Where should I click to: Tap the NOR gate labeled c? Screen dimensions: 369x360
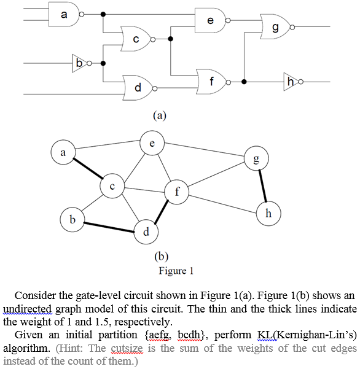click(x=136, y=38)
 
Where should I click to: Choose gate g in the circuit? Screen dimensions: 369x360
click(x=275, y=27)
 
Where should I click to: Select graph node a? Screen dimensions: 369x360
click(x=63, y=150)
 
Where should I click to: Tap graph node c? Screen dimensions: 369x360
click(x=112, y=185)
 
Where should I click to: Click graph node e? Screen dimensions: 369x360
click(x=152, y=142)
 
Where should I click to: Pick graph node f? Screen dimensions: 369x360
click(x=177, y=191)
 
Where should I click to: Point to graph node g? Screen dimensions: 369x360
click(x=256, y=159)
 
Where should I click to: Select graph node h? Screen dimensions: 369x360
click(x=268, y=213)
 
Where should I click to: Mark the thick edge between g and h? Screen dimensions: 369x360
click(x=262, y=186)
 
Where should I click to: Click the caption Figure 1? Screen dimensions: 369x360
click(x=176, y=270)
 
